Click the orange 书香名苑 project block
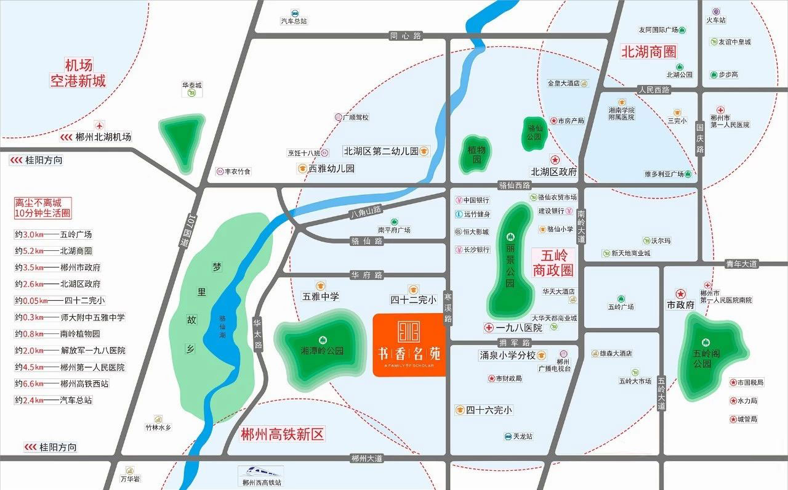[x=410, y=345]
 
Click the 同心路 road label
[x=406, y=36]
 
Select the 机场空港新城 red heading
[x=78, y=73]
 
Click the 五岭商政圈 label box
[x=553, y=262]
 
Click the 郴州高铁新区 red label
[x=282, y=434]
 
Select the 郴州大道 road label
[x=367, y=458]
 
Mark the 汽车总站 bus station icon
[x=294, y=12]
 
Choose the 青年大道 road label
[x=741, y=263]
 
